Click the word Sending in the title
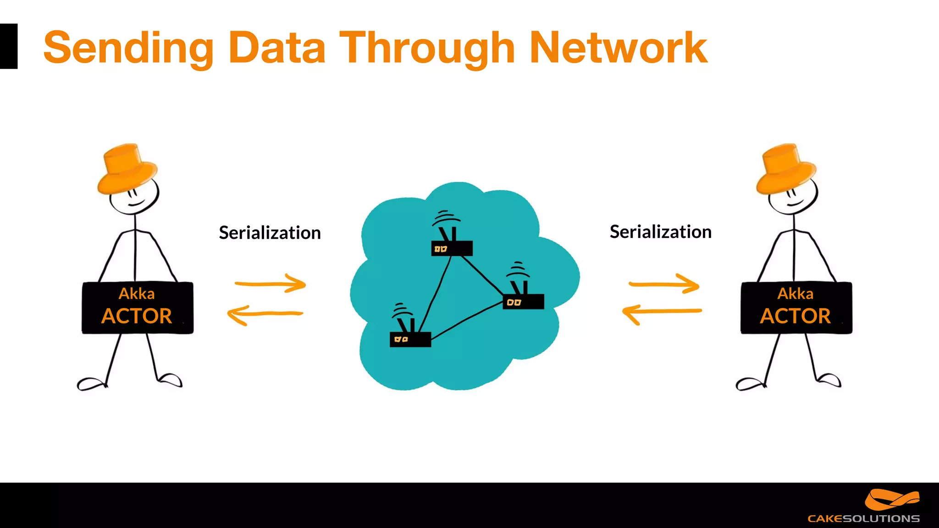click(128, 48)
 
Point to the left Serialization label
click(270, 233)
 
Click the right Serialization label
click(660, 232)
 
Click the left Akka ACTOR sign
click(137, 308)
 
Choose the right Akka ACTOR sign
click(796, 308)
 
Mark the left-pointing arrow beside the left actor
click(265, 315)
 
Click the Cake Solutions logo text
click(863, 518)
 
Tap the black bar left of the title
click(8, 46)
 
